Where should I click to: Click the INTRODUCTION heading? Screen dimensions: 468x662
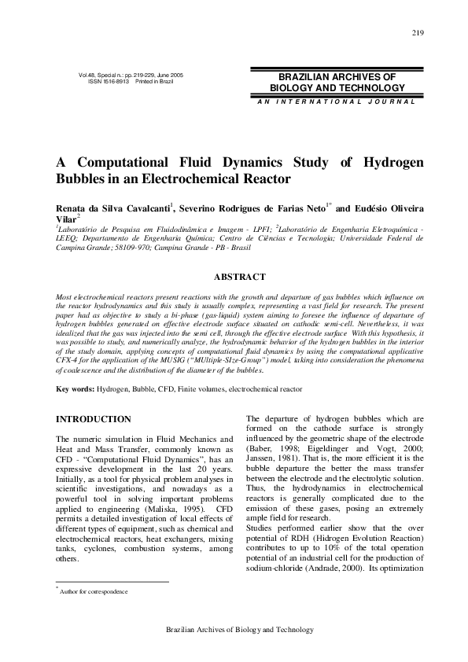[x=93, y=419]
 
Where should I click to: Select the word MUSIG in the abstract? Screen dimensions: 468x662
[x=169, y=360]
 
